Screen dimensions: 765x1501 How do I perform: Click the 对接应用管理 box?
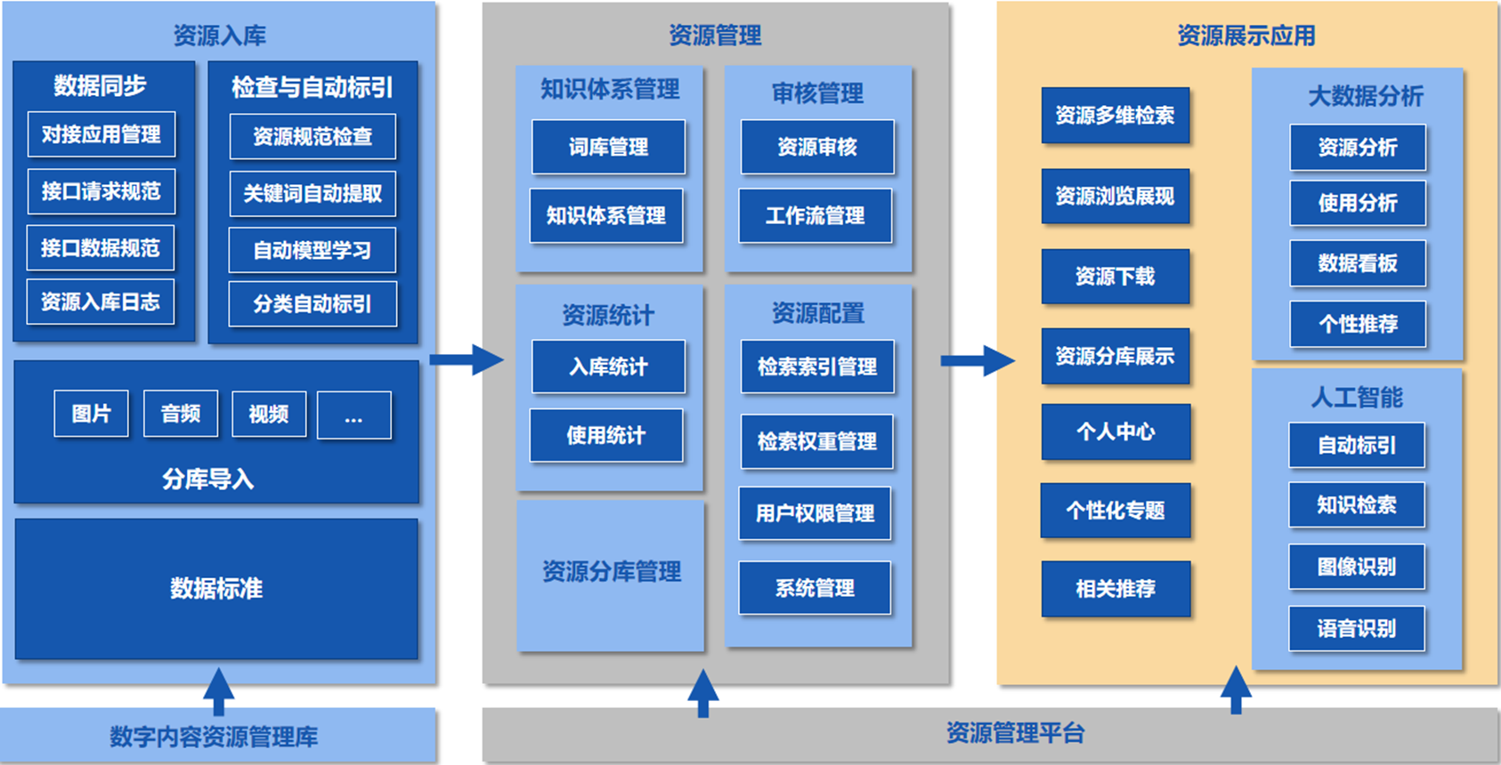tap(101, 134)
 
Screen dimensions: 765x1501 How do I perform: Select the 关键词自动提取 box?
tap(312, 194)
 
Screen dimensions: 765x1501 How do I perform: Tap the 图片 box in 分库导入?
tap(91, 414)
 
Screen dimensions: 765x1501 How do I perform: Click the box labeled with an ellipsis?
tap(353, 415)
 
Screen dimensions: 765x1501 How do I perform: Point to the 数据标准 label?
tap(216, 588)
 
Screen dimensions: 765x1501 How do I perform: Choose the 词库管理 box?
tap(609, 147)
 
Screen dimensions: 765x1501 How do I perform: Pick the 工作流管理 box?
tap(815, 215)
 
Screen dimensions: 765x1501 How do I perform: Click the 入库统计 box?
tap(609, 366)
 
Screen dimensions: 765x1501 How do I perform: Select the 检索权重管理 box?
tap(817, 441)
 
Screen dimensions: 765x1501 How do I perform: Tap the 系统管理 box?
tap(815, 588)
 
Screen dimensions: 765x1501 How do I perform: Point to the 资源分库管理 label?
tap(612, 571)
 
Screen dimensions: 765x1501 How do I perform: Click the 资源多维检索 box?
tap(1116, 116)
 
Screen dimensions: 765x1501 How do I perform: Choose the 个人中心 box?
tap(1116, 432)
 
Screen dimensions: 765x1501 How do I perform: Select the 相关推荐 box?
tap(1116, 589)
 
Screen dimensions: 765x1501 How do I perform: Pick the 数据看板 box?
tap(1358, 263)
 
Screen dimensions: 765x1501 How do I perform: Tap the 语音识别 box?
tap(1357, 629)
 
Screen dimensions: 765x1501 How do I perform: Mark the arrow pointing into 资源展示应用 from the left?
tap(977, 360)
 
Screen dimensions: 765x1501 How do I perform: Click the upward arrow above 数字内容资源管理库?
tap(218, 691)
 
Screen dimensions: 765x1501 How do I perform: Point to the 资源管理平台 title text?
tap(1015, 733)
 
